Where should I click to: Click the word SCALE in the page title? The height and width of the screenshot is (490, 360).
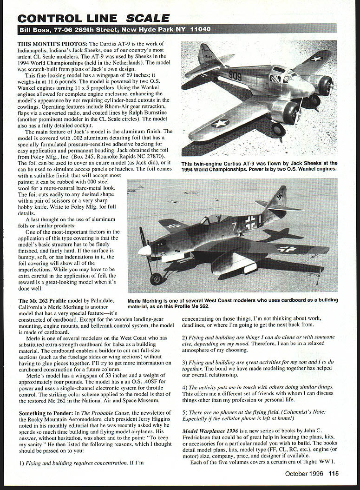click(x=148, y=18)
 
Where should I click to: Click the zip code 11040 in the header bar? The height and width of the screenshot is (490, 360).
click(x=200, y=29)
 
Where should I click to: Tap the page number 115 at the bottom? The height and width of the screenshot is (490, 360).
click(x=333, y=474)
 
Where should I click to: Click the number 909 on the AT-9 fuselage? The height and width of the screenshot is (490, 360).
click(x=235, y=75)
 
